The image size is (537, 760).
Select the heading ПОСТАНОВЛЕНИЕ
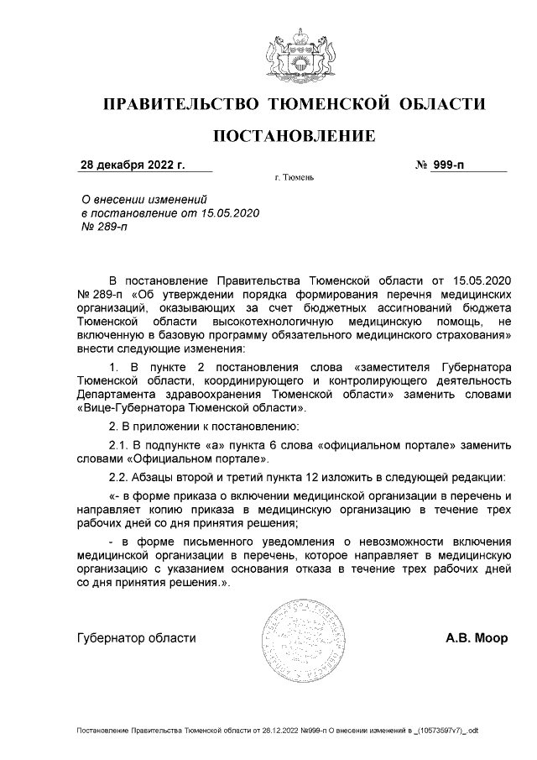[293, 136]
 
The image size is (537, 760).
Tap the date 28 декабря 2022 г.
[132, 165]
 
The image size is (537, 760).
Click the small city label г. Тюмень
[293, 179]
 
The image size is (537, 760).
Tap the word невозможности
[383, 538]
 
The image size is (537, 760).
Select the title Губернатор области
[136, 637]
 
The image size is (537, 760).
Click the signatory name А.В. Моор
[476, 637]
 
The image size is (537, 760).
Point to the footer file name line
[276, 731]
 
